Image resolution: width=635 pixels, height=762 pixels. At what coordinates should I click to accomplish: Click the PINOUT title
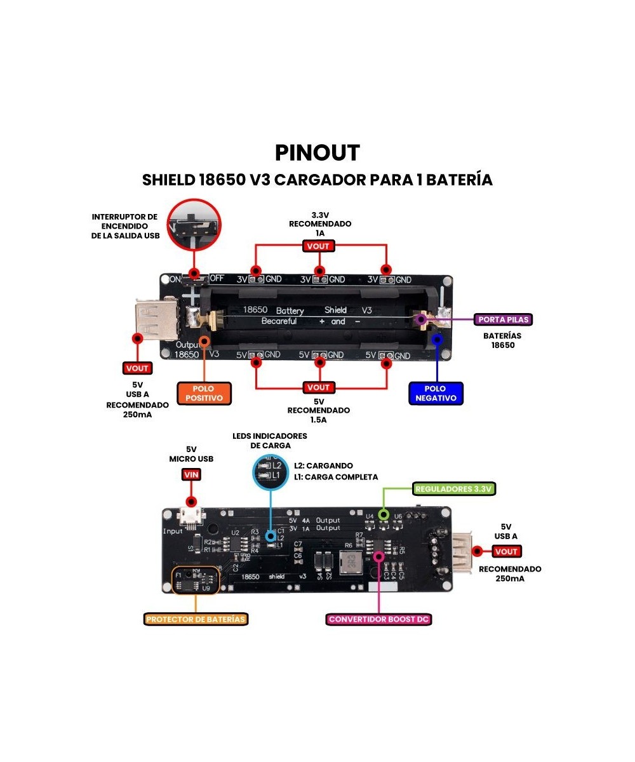(x=317, y=153)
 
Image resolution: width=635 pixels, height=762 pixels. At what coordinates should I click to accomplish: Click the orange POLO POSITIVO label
(x=204, y=393)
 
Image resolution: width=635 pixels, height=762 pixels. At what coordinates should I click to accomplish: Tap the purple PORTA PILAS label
(x=503, y=319)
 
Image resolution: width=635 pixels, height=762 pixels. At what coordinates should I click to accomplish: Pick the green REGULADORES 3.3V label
(x=454, y=488)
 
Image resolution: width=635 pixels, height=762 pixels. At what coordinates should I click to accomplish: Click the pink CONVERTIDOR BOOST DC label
(x=380, y=618)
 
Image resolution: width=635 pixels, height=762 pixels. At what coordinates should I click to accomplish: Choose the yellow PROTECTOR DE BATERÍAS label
(x=196, y=618)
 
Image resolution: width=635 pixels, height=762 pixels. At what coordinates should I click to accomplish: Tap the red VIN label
(x=191, y=474)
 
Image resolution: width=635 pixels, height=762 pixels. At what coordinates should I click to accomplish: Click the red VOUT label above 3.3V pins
(x=318, y=246)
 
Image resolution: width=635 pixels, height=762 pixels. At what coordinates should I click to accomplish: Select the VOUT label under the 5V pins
(x=318, y=387)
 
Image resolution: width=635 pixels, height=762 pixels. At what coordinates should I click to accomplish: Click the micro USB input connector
(x=191, y=518)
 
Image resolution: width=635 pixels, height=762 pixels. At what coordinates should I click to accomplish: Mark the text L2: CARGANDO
(x=323, y=465)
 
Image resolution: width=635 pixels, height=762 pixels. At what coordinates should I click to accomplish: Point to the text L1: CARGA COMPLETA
(x=335, y=477)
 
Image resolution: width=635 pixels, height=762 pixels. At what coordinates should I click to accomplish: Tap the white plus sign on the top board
(x=191, y=295)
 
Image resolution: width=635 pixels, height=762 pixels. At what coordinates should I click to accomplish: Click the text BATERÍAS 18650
(x=502, y=340)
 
